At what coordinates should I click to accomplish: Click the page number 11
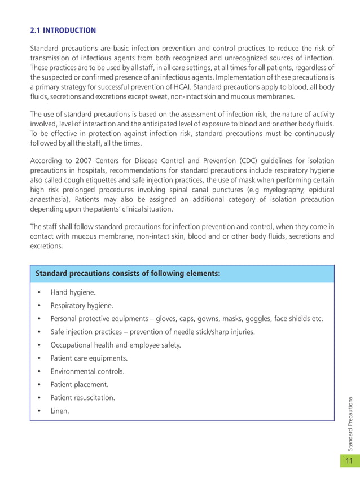[349, 461]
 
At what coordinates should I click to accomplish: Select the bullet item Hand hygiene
[73, 293]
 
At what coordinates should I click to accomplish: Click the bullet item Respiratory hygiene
[82, 306]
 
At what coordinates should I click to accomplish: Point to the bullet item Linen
[60, 411]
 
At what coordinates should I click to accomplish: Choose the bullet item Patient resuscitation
[82, 398]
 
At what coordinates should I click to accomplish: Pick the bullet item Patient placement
[79, 385]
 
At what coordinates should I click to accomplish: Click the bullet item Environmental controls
[87, 371]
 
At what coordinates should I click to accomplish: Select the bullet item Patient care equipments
[89, 358]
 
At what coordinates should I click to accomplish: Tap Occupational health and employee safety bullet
[115, 345]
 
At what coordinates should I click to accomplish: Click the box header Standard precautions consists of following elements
[128, 274]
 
